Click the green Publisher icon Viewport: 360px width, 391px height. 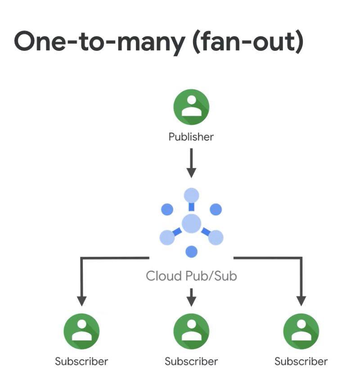coord(191,107)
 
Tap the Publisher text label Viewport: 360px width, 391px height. coord(191,136)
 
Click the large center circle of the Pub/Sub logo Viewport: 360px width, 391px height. coord(191,223)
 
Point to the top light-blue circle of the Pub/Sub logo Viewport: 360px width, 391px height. coord(191,195)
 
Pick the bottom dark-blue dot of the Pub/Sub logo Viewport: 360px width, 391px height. coord(192,252)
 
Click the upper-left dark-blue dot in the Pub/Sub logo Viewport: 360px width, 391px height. coord(167,209)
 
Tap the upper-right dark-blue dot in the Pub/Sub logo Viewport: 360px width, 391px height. coord(216,209)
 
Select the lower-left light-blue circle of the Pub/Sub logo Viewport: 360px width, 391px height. coord(167,237)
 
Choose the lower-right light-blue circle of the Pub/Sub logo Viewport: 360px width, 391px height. coord(216,237)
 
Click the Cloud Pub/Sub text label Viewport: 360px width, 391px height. coord(191,276)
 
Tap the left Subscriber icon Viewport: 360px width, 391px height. coord(81,332)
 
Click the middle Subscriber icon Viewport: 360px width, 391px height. coord(191,332)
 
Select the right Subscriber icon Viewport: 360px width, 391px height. coord(301,332)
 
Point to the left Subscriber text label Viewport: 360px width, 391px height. coord(81,361)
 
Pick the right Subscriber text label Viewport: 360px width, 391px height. coord(301,361)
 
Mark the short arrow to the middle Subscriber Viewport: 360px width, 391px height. coord(192,297)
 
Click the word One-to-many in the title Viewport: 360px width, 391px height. coord(99,42)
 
